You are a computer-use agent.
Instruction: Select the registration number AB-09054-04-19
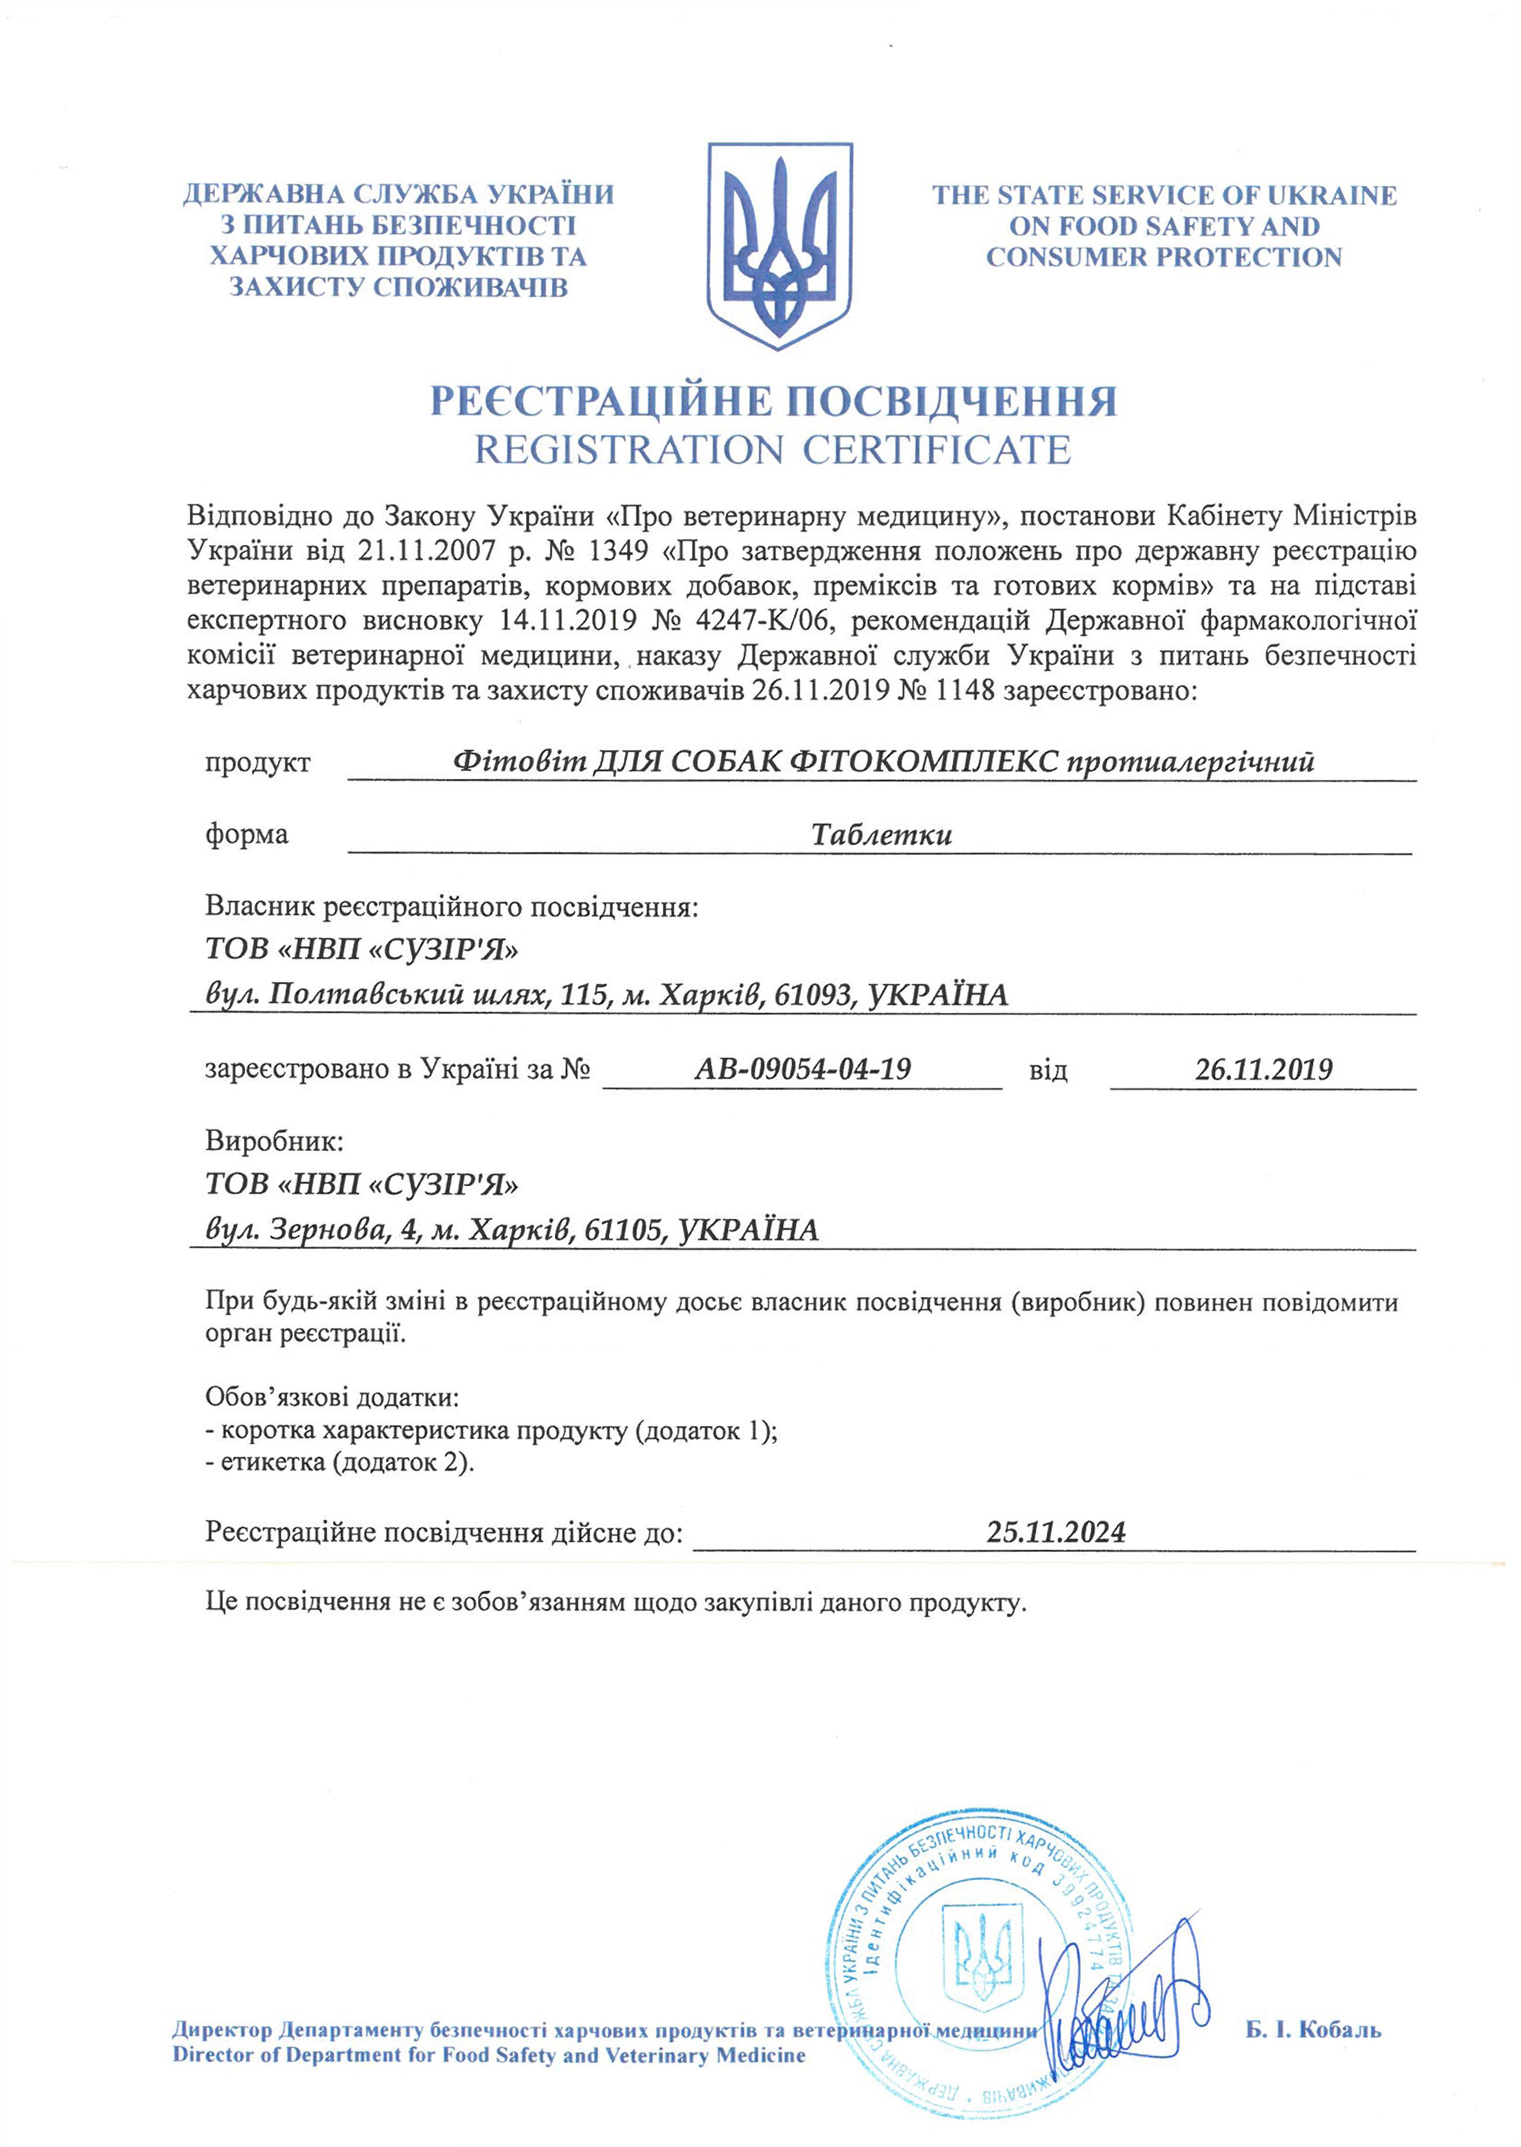click(x=803, y=1069)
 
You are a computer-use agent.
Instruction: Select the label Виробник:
click(x=274, y=1141)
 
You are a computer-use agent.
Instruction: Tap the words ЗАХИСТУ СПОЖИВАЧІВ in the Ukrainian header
click(x=398, y=287)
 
